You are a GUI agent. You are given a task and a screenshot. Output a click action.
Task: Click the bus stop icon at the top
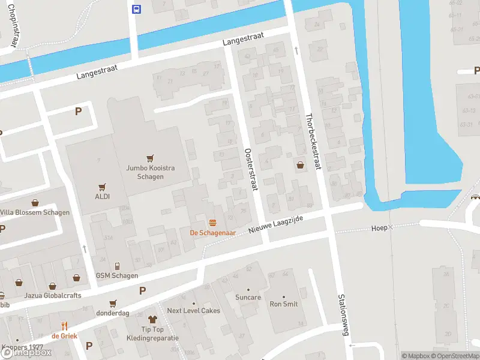[137, 8]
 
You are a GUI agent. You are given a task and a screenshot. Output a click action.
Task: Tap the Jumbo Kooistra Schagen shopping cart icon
[149, 158]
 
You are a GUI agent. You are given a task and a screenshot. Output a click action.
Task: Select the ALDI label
[101, 196]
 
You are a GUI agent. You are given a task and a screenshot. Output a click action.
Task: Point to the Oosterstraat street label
[250, 170]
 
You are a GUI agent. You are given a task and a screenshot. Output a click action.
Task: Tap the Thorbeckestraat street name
[313, 142]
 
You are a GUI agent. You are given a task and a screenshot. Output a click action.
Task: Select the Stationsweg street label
[343, 314]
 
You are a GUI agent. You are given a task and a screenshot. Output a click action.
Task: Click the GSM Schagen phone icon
[117, 266]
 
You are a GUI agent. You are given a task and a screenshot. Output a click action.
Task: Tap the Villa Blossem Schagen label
[35, 212]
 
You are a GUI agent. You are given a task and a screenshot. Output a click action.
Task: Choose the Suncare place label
[248, 297]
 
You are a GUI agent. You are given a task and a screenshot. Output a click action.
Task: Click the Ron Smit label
[284, 304]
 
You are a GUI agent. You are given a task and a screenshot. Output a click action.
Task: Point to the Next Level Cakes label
[193, 310]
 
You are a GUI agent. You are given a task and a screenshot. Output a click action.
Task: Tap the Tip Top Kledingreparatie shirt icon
[152, 320]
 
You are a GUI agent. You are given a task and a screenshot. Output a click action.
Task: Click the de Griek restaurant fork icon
[64, 327]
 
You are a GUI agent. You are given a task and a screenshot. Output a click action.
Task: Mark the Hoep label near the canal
[379, 228]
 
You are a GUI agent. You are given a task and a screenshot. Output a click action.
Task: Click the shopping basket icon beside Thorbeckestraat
[299, 164]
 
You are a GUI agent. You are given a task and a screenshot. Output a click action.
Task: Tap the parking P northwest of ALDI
[77, 111]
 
